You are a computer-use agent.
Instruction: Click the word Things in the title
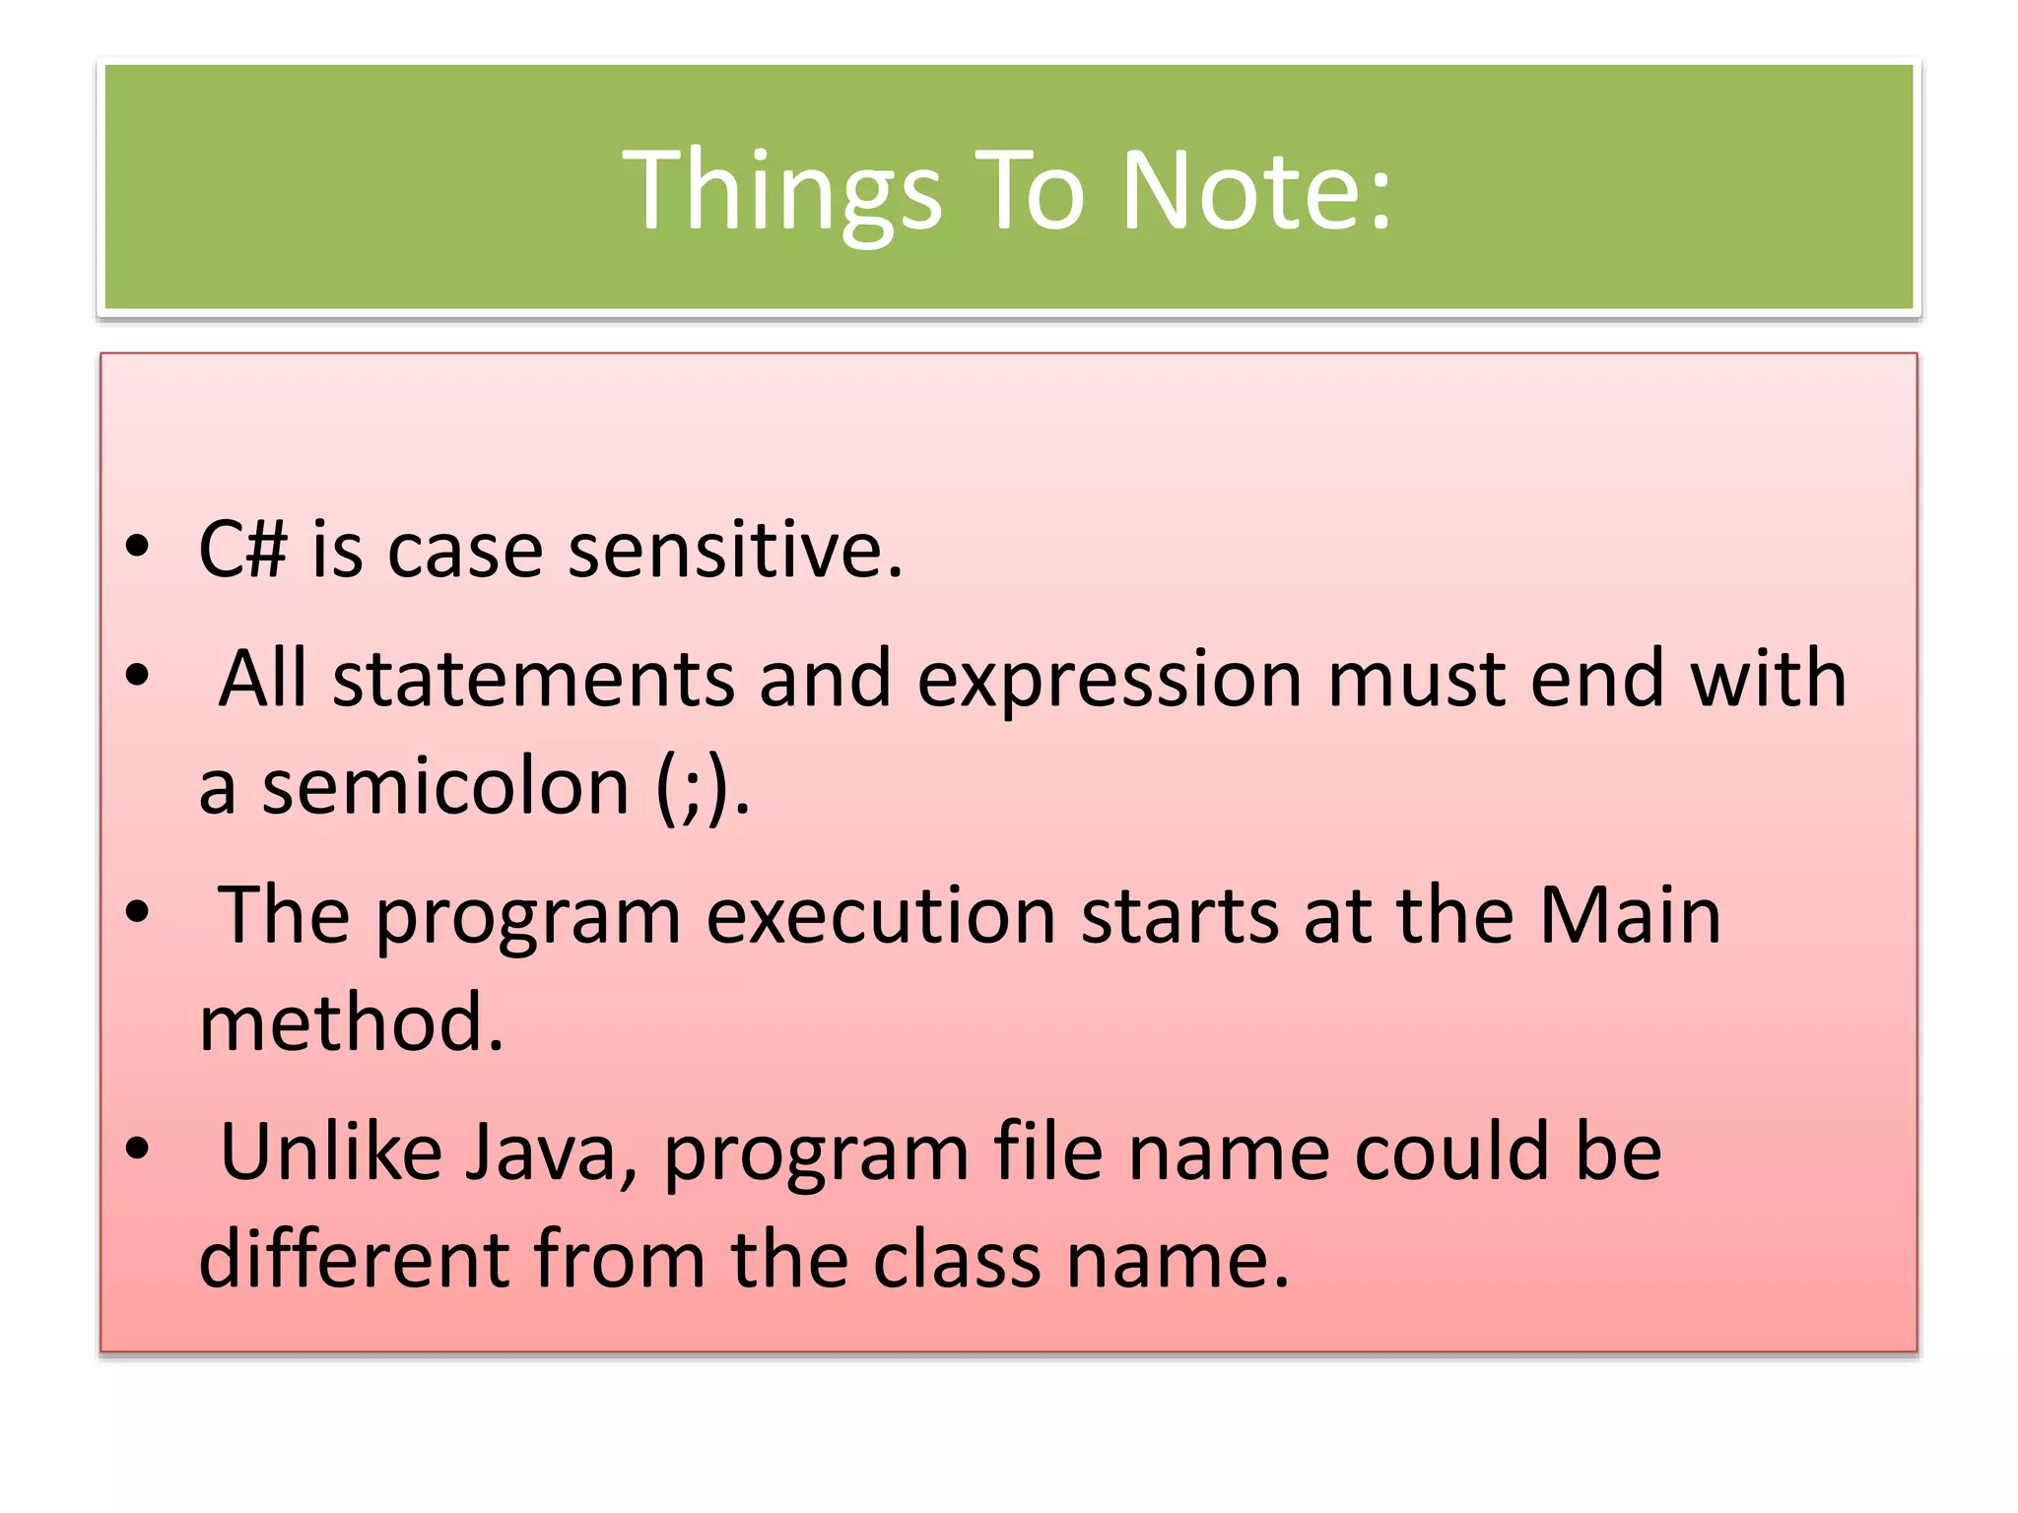pos(782,189)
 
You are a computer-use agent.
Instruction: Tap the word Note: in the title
pos(1256,189)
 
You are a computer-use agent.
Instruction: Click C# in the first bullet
pos(242,550)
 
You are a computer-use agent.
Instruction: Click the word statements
pos(533,680)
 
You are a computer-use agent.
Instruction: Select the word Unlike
pos(331,1152)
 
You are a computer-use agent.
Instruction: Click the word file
pos(1047,1152)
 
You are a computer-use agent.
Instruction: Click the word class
pos(957,1260)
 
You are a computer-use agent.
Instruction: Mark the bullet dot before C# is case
pos(137,547)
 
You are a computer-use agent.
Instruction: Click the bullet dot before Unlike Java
pos(137,1149)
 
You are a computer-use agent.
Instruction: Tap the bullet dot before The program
pos(137,912)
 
